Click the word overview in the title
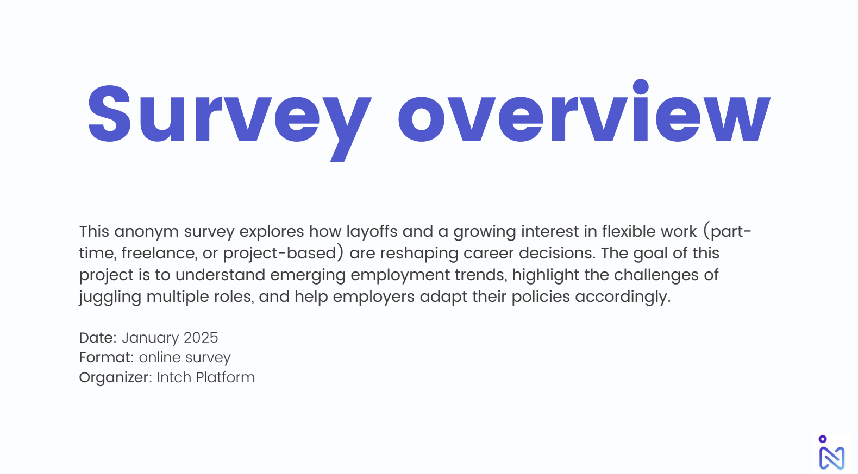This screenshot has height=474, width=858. click(585, 111)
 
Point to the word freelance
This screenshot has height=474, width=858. click(159, 253)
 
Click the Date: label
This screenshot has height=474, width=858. click(98, 338)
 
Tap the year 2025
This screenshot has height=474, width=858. click(201, 338)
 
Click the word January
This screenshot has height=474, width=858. click(150, 338)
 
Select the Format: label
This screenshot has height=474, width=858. click(107, 358)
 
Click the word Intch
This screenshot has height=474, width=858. click(174, 377)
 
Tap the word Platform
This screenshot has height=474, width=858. click(225, 377)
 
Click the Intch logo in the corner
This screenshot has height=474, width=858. click(831, 453)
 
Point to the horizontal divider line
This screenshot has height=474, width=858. click(428, 425)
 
